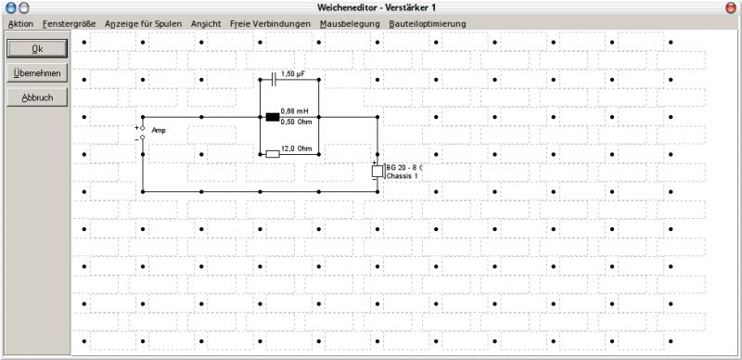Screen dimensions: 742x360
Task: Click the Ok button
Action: coord(37,48)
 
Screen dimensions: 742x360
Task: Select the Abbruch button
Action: coord(37,97)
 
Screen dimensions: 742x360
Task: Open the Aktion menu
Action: coord(20,23)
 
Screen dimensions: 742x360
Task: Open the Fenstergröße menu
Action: coord(69,23)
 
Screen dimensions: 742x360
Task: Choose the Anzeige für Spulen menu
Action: coord(144,23)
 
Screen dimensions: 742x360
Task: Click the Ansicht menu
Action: coord(206,23)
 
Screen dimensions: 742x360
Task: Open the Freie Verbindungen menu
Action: coord(270,23)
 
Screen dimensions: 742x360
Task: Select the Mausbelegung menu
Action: coord(350,23)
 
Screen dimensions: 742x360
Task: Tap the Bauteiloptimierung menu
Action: coord(428,23)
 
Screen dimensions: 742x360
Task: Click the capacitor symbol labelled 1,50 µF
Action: coord(273,80)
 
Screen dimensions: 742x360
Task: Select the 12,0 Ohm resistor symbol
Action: coord(273,154)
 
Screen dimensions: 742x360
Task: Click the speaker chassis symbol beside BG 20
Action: coord(377,171)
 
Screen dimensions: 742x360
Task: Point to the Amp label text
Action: coord(159,130)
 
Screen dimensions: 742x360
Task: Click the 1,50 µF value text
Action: coord(291,74)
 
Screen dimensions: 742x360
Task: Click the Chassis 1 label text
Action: coord(403,175)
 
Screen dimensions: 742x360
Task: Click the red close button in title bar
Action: coord(731,7)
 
